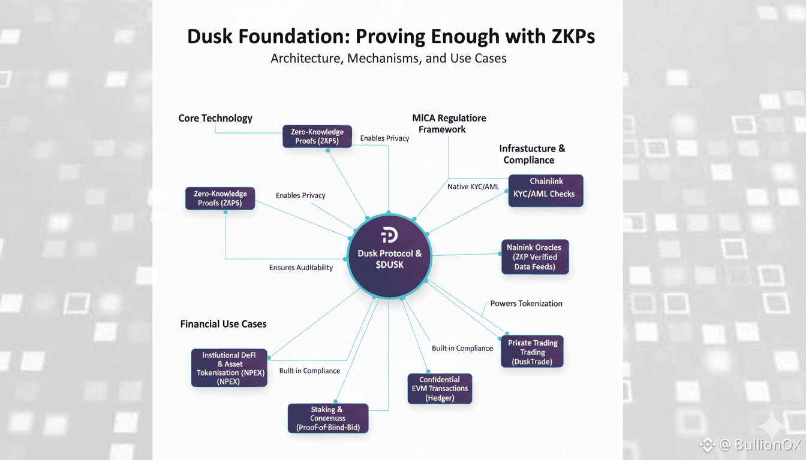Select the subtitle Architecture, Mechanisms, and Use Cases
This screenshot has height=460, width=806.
[389, 59]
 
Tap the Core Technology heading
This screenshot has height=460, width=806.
[215, 118]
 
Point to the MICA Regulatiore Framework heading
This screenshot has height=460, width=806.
[449, 123]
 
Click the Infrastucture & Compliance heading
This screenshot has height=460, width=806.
[531, 154]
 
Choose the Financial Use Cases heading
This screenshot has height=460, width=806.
[223, 324]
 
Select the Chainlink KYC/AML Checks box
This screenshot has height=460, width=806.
[545, 190]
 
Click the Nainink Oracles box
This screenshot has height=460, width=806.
[534, 256]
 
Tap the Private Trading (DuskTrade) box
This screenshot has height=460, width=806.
[532, 352]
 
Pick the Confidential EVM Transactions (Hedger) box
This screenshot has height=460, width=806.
[440, 388]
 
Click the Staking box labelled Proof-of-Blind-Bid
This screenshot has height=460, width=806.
[327, 418]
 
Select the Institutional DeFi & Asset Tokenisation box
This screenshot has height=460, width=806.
[229, 367]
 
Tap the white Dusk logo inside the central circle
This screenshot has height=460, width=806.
[389, 235]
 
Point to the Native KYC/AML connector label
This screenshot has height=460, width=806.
[473, 187]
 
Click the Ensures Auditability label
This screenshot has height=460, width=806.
[300, 268]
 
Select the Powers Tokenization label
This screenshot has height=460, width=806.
[526, 304]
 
